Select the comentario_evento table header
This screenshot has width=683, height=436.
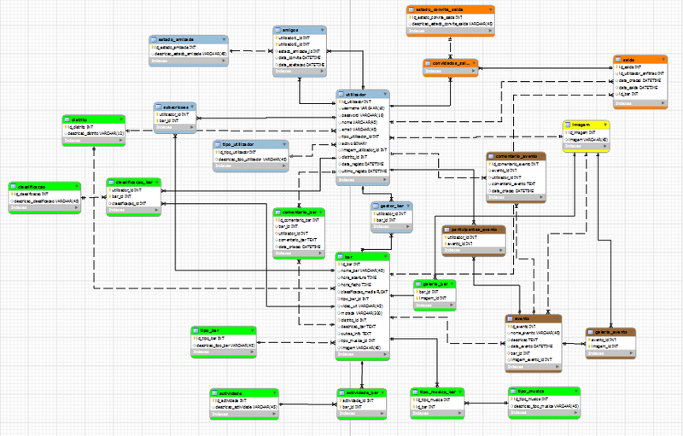tap(515, 156)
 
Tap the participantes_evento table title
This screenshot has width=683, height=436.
tap(475, 230)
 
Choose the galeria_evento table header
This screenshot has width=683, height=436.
tap(611, 331)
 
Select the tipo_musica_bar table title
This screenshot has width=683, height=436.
tap(436, 392)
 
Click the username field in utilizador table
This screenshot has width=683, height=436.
tap(362, 108)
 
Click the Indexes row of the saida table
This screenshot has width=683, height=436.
tap(638, 102)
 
